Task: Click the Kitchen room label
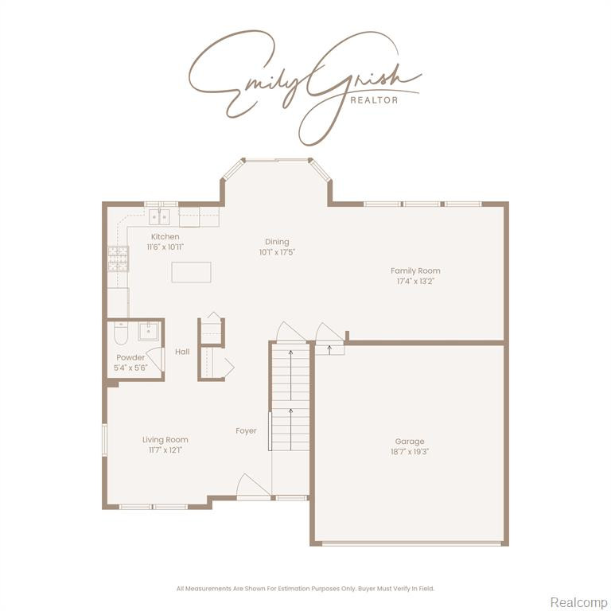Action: pos(165,236)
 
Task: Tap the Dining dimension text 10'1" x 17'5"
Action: pos(277,252)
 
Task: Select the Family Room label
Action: pos(415,270)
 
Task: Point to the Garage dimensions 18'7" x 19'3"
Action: pos(410,452)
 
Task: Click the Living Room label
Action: pos(165,439)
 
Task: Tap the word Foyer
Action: pos(247,431)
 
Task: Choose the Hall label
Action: pos(182,352)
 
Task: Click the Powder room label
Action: pos(130,357)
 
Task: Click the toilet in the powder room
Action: pos(121,333)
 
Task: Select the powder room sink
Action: pos(149,331)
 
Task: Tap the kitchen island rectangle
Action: pos(191,272)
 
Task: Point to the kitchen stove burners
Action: pos(118,259)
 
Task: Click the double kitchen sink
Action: pos(159,217)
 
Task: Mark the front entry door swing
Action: pos(253,485)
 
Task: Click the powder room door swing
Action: pos(155,359)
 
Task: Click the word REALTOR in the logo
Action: pos(374,100)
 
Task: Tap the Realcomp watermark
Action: pos(578,601)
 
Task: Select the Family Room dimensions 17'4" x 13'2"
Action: pos(415,282)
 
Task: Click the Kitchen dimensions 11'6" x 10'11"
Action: pos(165,247)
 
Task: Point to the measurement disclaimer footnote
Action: pos(305,589)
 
